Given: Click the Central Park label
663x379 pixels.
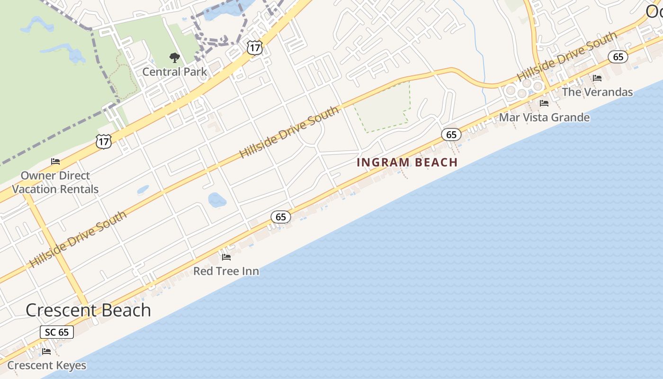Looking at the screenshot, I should click(175, 72).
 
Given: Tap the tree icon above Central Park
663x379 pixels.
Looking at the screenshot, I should click(175, 58).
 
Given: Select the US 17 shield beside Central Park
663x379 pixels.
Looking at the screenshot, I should click(254, 47).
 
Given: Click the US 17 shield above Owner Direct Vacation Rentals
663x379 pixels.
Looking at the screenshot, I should click(104, 141).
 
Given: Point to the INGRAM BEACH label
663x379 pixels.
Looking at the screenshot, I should click(407, 162).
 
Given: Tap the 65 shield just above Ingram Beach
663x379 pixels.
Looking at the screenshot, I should click(451, 135).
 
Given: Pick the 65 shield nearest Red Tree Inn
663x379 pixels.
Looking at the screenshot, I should click(281, 217).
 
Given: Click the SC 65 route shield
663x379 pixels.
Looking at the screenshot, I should click(57, 332).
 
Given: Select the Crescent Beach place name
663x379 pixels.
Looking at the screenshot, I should click(88, 310).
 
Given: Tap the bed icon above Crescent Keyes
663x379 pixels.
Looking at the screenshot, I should click(46, 352).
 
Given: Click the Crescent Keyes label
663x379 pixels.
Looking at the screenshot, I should click(47, 365).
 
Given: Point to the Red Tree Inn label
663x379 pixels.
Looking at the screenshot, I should click(226, 271).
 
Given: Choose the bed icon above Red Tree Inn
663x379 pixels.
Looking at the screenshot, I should click(226, 257).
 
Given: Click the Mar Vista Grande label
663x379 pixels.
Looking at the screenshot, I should click(545, 117).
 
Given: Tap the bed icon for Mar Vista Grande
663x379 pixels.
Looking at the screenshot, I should click(544, 103).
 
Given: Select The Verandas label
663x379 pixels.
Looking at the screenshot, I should click(597, 92).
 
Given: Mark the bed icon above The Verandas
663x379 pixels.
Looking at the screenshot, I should click(597, 78).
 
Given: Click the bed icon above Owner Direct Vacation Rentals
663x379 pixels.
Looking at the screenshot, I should click(55, 162).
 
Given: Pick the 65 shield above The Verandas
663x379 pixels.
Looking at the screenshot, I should click(618, 57).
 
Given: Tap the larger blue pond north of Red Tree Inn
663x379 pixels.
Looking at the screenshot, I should click(217, 199).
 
